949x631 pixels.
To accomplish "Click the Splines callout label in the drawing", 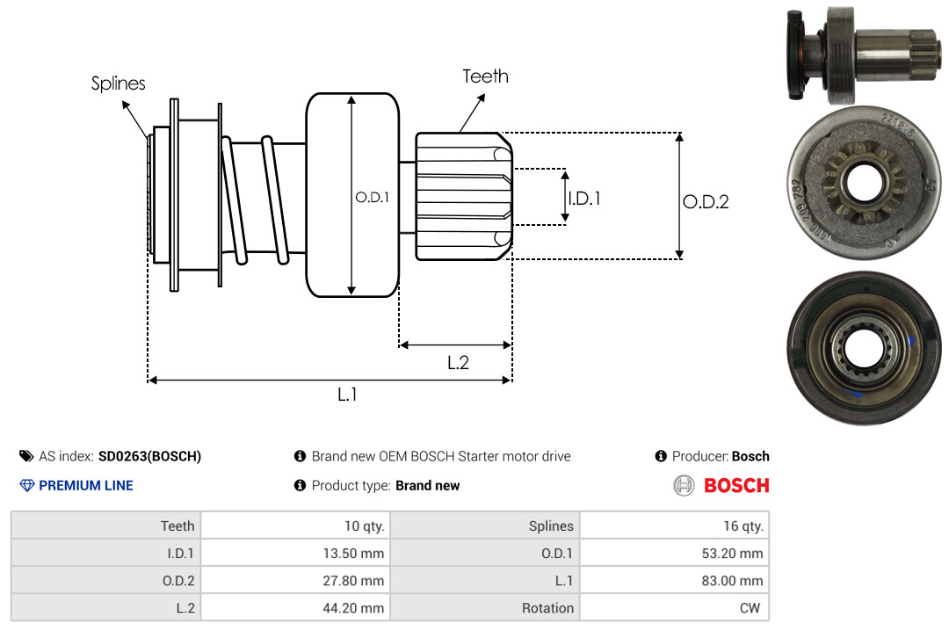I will click(119, 83).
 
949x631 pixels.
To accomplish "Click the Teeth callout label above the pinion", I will click(486, 76).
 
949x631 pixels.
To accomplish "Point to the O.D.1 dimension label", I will click(372, 198).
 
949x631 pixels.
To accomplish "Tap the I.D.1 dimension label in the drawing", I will click(584, 199).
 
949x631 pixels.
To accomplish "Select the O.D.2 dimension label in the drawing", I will click(706, 201).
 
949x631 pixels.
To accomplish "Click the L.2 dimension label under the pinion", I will click(458, 362).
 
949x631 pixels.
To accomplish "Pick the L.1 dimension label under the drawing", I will click(348, 395).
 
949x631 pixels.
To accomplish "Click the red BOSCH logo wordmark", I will click(736, 485).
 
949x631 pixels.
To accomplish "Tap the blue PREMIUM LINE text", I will click(86, 485).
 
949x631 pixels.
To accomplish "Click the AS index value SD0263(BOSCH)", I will click(149, 456).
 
